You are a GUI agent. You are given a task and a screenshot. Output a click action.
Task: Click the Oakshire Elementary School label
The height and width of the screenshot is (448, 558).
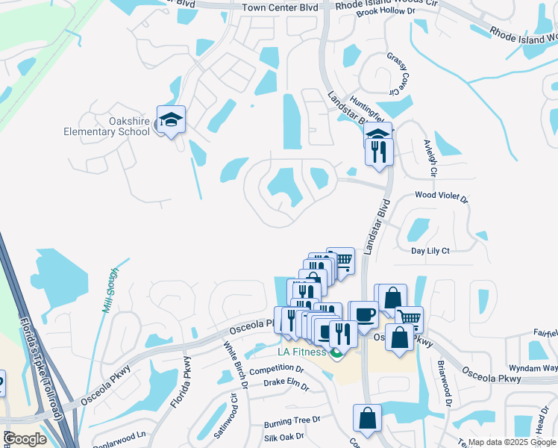tap(107, 125)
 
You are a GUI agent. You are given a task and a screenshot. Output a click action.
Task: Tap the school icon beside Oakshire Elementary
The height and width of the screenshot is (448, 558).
tap(171, 119)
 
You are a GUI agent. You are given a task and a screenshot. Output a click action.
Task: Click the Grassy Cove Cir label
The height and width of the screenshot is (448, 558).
tap(398, 73)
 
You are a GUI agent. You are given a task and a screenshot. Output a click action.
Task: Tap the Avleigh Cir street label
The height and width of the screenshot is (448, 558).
tap(429, 158)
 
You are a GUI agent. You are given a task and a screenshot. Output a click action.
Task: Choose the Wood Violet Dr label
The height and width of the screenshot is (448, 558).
tap(441, 199)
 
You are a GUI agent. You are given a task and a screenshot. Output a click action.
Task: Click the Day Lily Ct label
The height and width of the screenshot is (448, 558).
tap(430, 251)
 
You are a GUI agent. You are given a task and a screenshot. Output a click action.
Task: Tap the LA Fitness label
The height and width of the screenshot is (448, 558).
tap(302, 352)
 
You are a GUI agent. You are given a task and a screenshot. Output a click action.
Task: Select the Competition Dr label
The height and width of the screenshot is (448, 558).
tap(277, 370)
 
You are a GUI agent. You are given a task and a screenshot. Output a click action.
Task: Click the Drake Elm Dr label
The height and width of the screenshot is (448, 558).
tap(286, 383)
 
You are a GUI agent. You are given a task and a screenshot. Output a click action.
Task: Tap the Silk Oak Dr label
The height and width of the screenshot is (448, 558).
tap(283, 436)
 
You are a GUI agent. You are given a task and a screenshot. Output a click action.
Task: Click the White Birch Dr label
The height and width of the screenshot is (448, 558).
tap(235, 365)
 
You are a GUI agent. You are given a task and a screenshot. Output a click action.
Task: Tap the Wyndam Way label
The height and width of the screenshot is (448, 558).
tap(533, 368)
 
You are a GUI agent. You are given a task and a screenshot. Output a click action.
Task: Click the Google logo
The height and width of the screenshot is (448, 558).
tap(25, 439)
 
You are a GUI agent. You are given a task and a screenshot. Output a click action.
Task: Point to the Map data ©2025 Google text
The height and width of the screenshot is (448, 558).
tap(511, 442)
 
